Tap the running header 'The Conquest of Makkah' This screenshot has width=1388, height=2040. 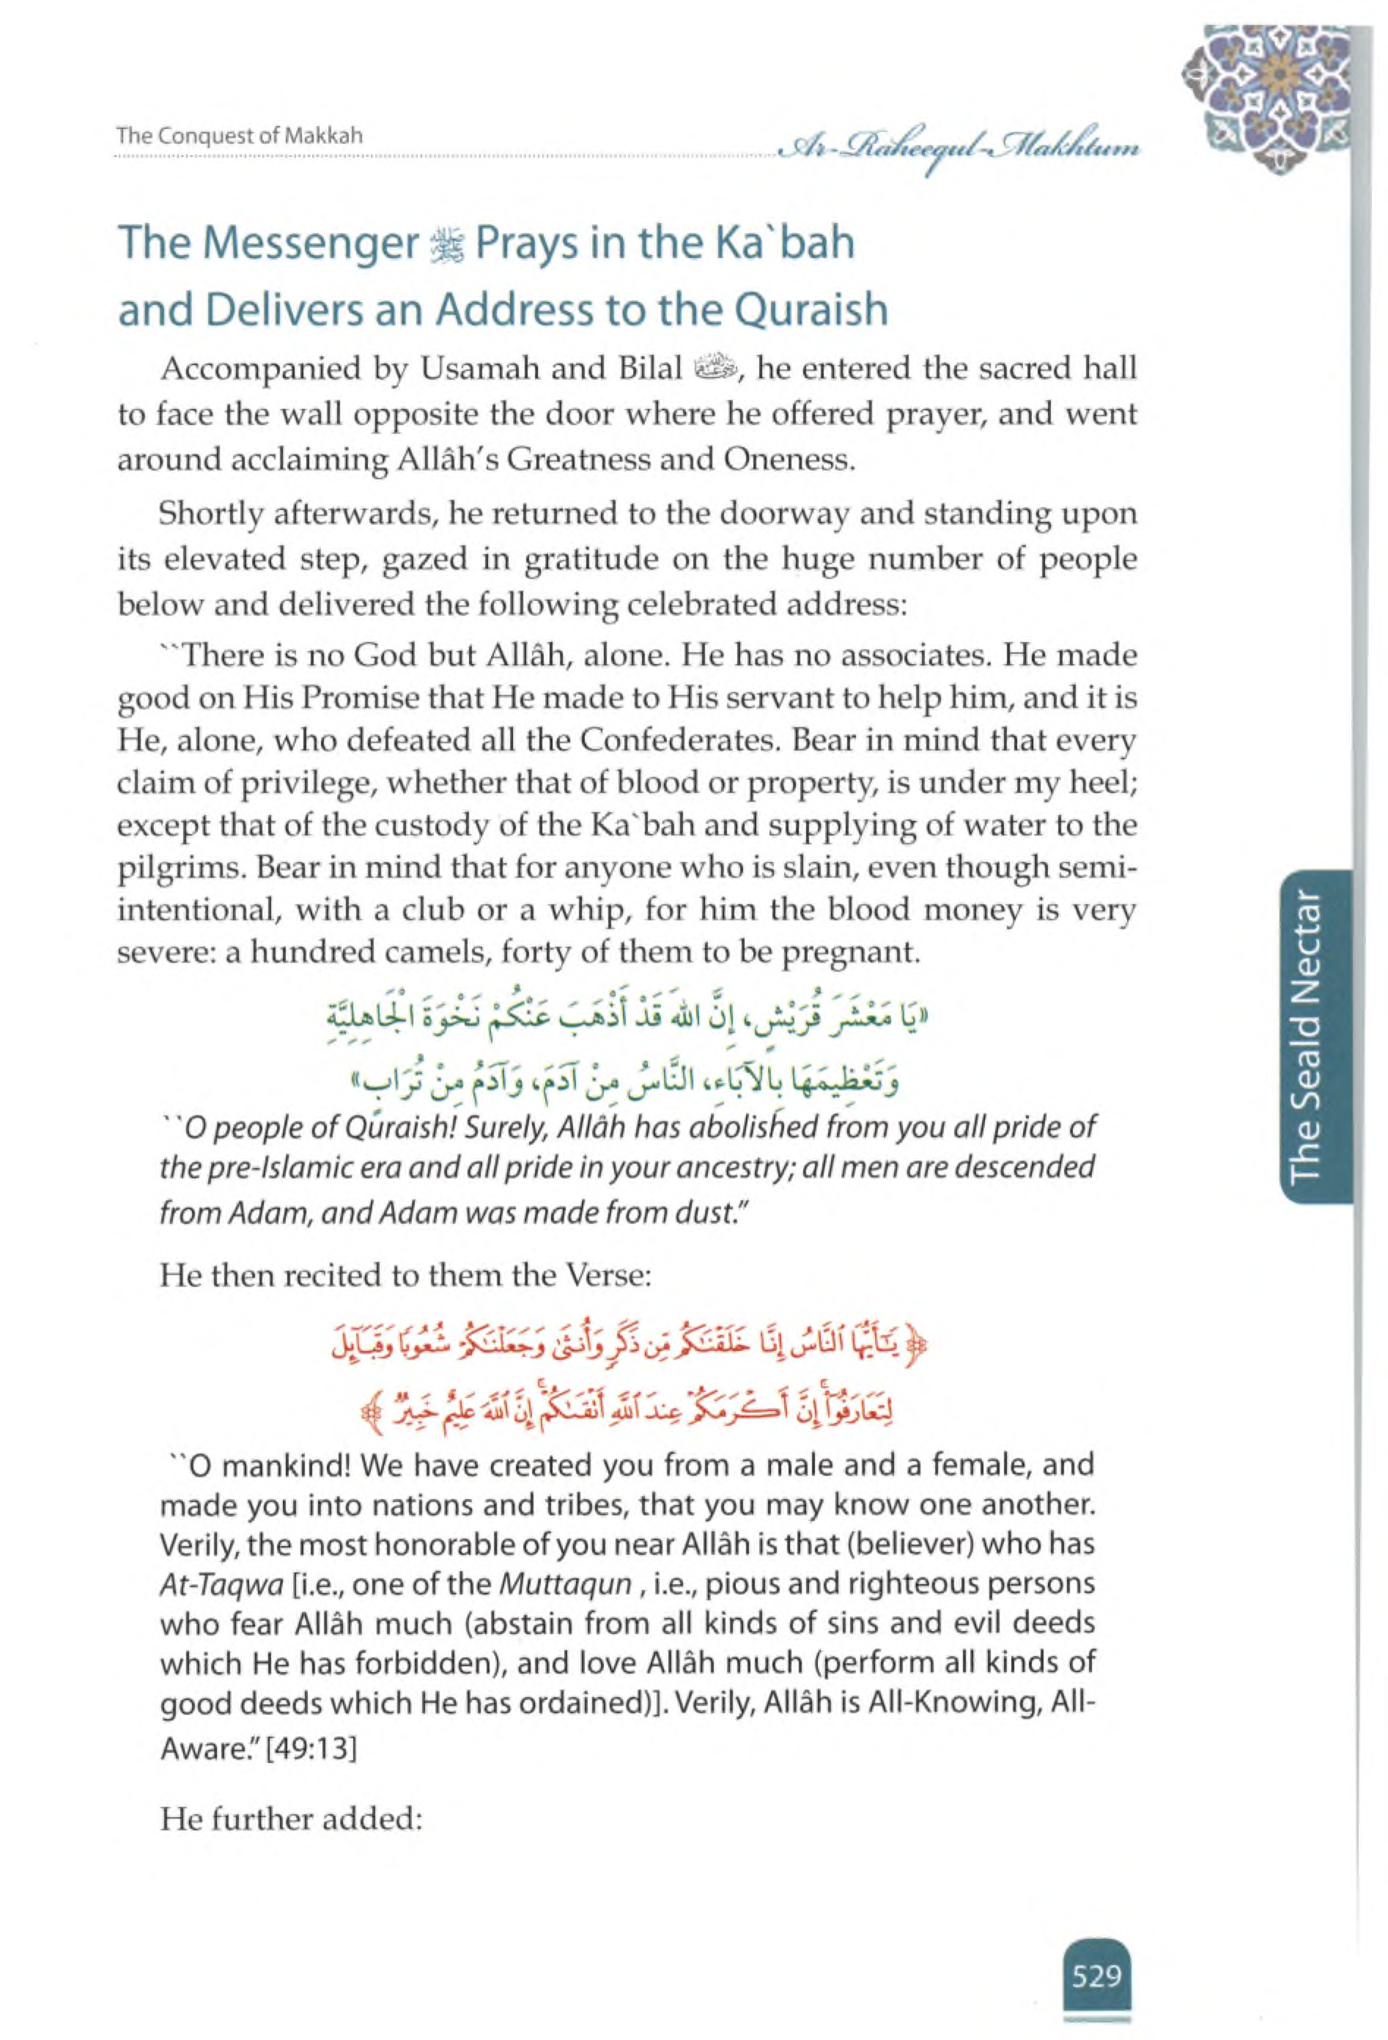tap(240, 136)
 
